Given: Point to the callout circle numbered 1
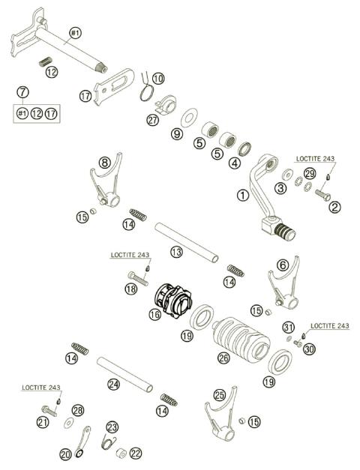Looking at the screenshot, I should (241, 194).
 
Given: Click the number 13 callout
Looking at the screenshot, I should (176, 253).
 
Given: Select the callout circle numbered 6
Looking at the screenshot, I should (282, 265).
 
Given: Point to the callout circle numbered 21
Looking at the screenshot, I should (43, 424).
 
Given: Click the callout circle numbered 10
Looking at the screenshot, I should (157, 78).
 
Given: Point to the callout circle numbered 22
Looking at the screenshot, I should (136, 454).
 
